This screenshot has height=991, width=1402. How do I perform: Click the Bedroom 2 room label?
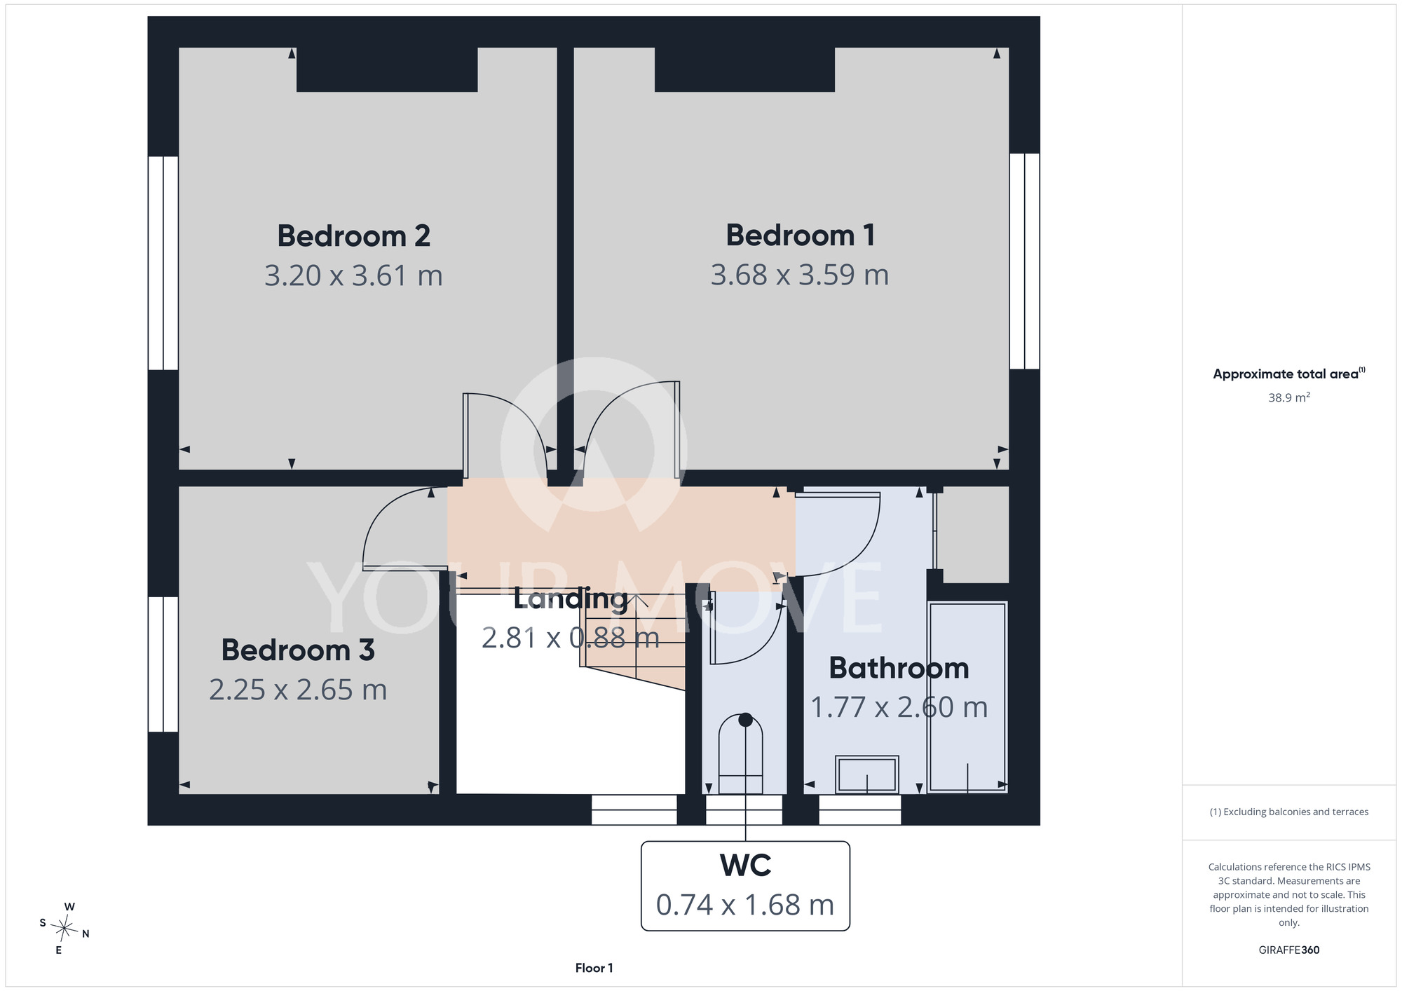pyautogui.click(x=353, y=235)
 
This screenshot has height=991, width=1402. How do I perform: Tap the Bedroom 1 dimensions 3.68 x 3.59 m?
pyautogui.click(x=800, y=275)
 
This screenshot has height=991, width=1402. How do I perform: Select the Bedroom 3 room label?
pyautogui.click(x=298, y=650)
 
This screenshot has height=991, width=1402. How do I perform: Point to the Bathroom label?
pyautogui.click(x=899, y=668)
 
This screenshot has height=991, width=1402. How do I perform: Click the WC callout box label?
pyautogui.click(x=745, y=866)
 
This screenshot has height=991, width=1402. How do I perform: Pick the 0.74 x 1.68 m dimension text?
pyautogui.click(x=745, y=905)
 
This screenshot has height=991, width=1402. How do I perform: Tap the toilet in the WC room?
pyautogui.click(x=741, y=753)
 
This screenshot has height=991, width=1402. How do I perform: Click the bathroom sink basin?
pyautogui.click(x=867, y=774)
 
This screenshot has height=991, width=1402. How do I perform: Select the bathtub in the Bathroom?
pyautogui.click(x=967, y=697)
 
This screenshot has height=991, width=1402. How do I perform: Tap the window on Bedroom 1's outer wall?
pyautogui.click(x=1025, y=261)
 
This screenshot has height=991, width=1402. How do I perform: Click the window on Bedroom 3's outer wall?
pyautogui.click(x=163, y=664)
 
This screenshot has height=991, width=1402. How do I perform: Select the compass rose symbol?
pyautogui.click(x=64, y=929)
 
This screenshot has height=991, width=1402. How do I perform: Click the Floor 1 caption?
pyautogui.click(x=594, y=968)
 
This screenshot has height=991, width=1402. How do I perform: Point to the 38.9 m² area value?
pyautogui.click(x=1289, y=397)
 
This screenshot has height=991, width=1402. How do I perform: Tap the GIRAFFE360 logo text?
pyautogui.click(x=1289, y=950)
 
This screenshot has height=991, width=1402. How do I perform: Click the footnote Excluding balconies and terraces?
pyautogui.click(x=1289, y=812)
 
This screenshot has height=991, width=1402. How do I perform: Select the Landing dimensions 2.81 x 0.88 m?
pyautogui.click(x=571, y=638)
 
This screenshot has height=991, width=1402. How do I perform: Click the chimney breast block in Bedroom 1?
pyautogui.click(x=744, y=69)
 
